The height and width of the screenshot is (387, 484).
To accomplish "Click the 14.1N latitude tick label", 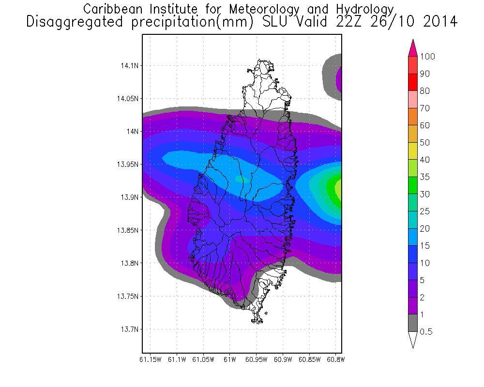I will point(129,65).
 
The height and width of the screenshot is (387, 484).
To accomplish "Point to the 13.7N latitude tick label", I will point(129,329).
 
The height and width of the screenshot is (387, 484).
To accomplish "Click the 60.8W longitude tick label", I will point(335,360).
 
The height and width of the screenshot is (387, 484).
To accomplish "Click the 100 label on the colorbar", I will point(428,57).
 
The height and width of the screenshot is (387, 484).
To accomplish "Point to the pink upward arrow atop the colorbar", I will point(413,48).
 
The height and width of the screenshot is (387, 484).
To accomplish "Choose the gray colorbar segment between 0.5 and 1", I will point(413,323).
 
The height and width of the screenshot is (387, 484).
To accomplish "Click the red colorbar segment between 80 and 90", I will point(413,82).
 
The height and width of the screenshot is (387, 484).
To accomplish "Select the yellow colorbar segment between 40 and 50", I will point(413,151).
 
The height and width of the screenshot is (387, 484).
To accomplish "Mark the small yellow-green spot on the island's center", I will point(241,179).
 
